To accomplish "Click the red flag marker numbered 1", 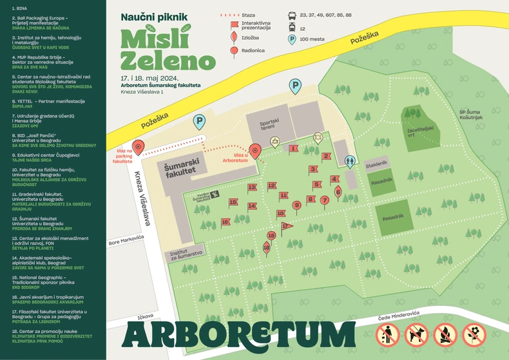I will pos(293,149).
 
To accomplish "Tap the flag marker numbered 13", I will pos(253,188).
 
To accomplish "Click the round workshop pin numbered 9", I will pos(296,205).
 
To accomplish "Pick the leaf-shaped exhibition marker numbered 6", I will pos(338,190).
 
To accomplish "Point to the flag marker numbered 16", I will pos(226,222).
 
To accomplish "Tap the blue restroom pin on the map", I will pos(350,161).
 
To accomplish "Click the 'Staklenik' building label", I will pos(376,164).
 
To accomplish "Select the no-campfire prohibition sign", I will pos(445,334).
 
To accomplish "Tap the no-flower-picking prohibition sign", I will pos(475,334).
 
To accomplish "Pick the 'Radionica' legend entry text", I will pos(253,50).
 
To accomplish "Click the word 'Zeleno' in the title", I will pos(167,61).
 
